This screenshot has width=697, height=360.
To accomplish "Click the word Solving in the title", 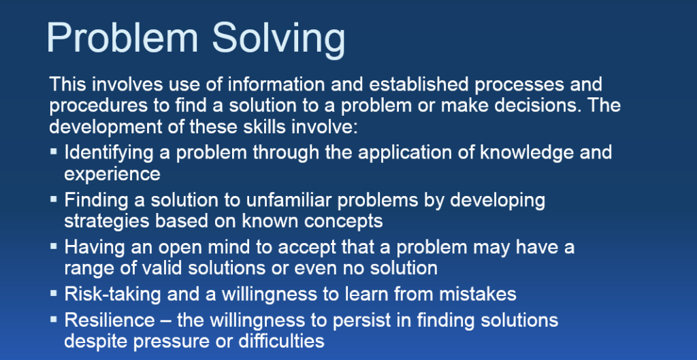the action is (x=278, y=39).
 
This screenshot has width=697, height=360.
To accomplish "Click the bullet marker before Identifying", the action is (x=54, y=151).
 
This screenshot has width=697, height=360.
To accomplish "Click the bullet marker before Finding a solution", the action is (x=54, y=199).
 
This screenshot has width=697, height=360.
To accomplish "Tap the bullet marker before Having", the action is (x=54, y=246).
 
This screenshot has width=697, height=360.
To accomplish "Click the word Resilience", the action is (x=110, y=320).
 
